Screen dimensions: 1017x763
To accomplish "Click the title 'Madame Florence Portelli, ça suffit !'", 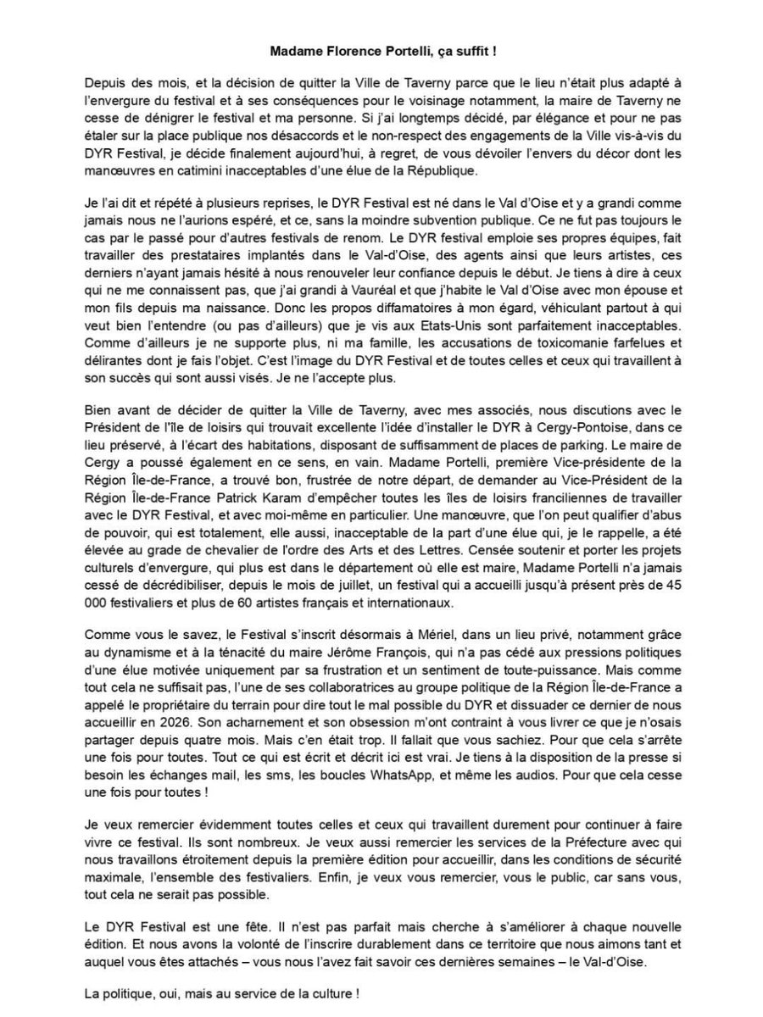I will (x=382, y=51).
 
